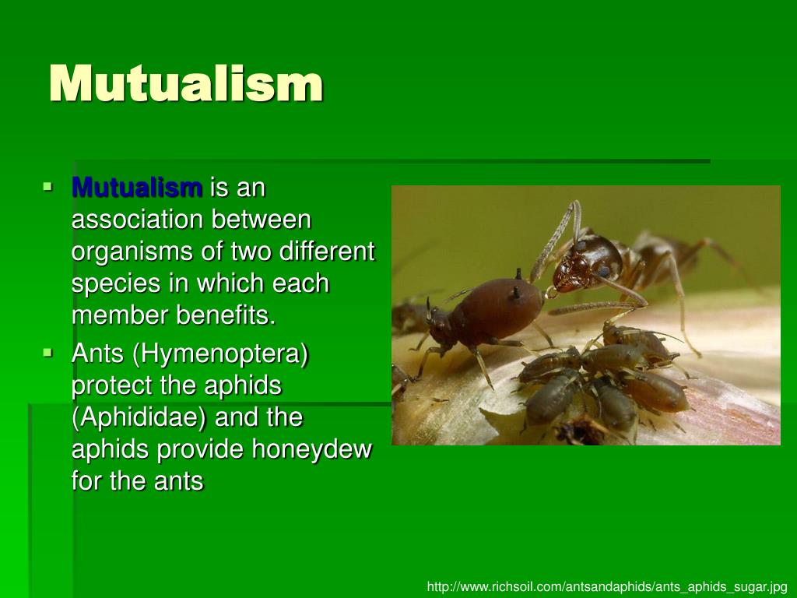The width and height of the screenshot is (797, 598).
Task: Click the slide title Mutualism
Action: [185, 83]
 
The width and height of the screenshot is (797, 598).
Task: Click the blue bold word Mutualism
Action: [136, 188]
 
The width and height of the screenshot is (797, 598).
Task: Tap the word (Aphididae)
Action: [139, 418]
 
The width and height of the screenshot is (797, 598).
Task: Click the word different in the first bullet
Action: [326, 252]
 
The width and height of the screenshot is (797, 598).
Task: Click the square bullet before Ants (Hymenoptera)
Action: [49, 353]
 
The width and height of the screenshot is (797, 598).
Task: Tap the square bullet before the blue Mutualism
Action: [49, 187]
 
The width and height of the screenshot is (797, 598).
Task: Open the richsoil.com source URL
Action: [607, 586]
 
